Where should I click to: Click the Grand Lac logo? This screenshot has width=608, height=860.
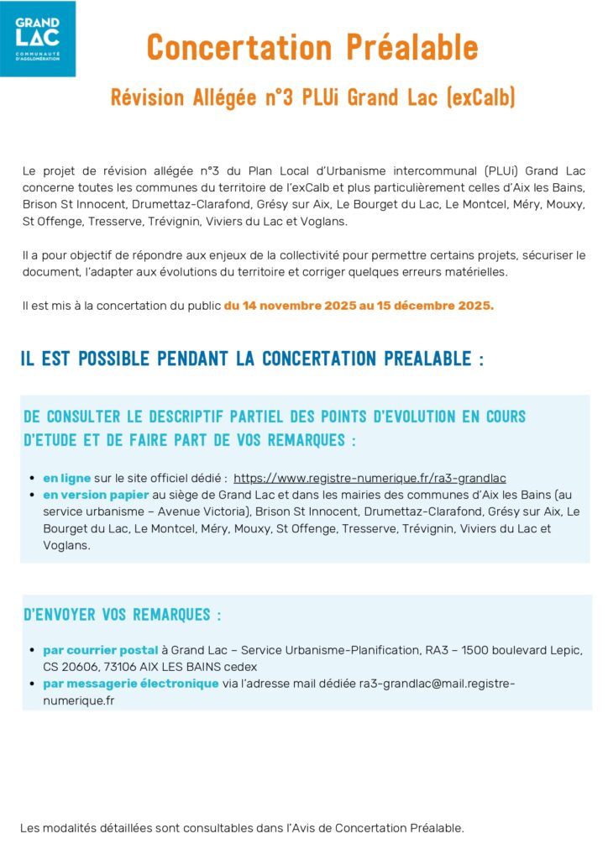pyautogui.click(x=38, y=38)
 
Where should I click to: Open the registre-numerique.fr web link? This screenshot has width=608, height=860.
pyautogui.click(x=370, y=478)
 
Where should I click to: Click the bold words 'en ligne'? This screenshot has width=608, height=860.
pyautogui.click(x=67, y=478)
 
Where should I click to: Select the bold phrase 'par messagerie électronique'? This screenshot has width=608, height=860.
pyautogui.click(x=131, y=684)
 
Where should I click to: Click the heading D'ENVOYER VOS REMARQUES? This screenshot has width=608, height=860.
pyautogui.click(x=123, y=615)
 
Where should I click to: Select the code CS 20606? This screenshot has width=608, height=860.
pyautogui.click(x=70, y=667)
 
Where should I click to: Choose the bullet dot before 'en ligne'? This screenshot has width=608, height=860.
pyautogui.click(x=32, y=478)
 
